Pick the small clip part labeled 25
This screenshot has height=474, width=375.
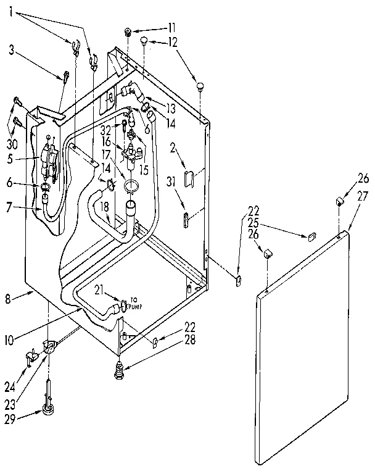(x=311, y=236)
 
